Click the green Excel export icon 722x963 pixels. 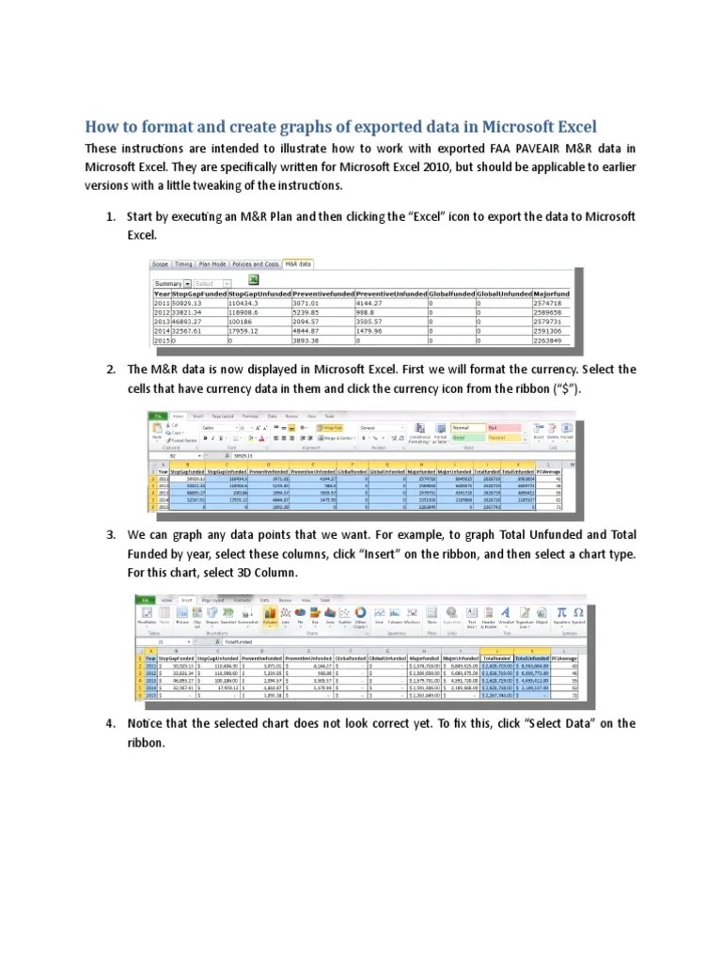point(253,281)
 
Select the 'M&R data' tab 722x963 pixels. point(298,265)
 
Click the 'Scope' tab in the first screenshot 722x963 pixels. point(161,265)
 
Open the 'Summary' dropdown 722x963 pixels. point(173,283)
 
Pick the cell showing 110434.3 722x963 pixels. point(244,303)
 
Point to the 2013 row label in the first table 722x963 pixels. point(162,322)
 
